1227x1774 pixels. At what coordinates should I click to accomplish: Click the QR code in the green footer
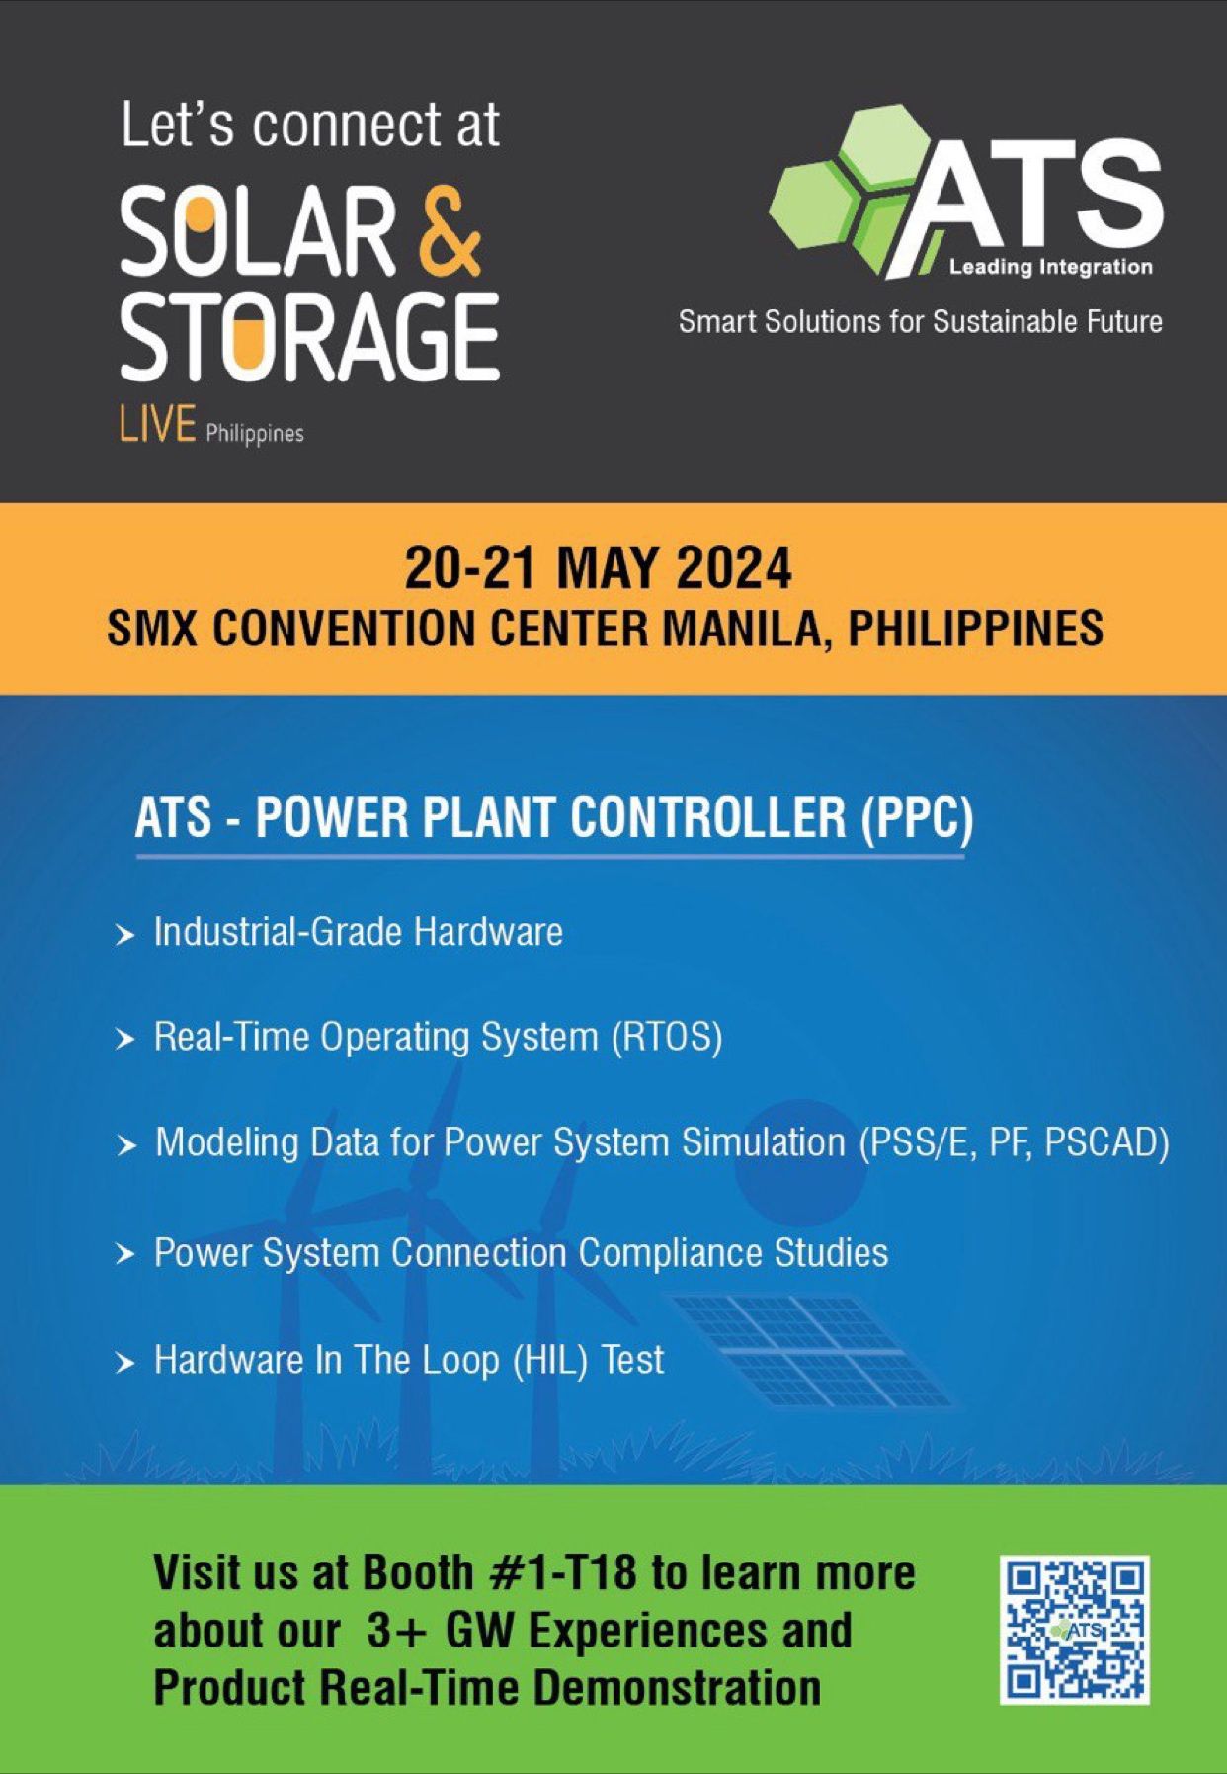(x=1074, y=1630)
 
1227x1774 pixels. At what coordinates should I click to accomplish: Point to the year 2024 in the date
(x=734, y=567)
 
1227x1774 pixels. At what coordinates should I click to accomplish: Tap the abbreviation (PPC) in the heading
(x=917, y=818)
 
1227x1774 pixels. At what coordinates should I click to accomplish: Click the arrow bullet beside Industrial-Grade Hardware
(x=124, y=934)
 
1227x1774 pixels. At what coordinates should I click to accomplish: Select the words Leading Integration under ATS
(x=1050, y=267)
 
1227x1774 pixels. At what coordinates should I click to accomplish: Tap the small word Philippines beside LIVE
(x=255, y=434)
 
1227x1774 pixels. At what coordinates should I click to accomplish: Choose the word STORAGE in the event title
(x=309, y=336)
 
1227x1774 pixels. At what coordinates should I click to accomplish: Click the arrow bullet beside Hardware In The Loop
(x=124, y=1363)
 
